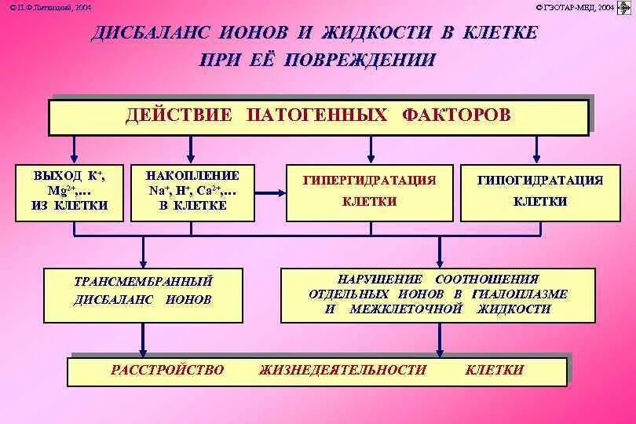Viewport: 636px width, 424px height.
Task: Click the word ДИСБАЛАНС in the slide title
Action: coord(149,33)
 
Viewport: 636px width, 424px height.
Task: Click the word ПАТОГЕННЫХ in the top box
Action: coord(317,115)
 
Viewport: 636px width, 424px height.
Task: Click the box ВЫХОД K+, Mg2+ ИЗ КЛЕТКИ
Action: coord(69,192)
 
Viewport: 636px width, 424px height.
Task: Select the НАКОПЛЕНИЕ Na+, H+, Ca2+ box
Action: coord(192,192)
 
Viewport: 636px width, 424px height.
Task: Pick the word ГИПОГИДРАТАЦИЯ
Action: coord(540,180)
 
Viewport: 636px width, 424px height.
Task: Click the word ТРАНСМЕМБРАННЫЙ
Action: coord(143,280)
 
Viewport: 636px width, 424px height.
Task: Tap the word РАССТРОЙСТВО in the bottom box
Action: coord(167,370)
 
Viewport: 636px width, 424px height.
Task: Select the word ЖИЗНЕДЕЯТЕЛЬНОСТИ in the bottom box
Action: coord(342,370)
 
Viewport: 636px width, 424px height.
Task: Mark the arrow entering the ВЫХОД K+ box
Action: coord(74,150)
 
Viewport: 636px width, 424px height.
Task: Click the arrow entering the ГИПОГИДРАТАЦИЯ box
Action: coord(537,150)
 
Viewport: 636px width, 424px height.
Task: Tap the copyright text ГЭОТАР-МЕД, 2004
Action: coord(576,7)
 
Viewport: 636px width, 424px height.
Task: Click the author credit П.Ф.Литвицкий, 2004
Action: coord(51,7)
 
